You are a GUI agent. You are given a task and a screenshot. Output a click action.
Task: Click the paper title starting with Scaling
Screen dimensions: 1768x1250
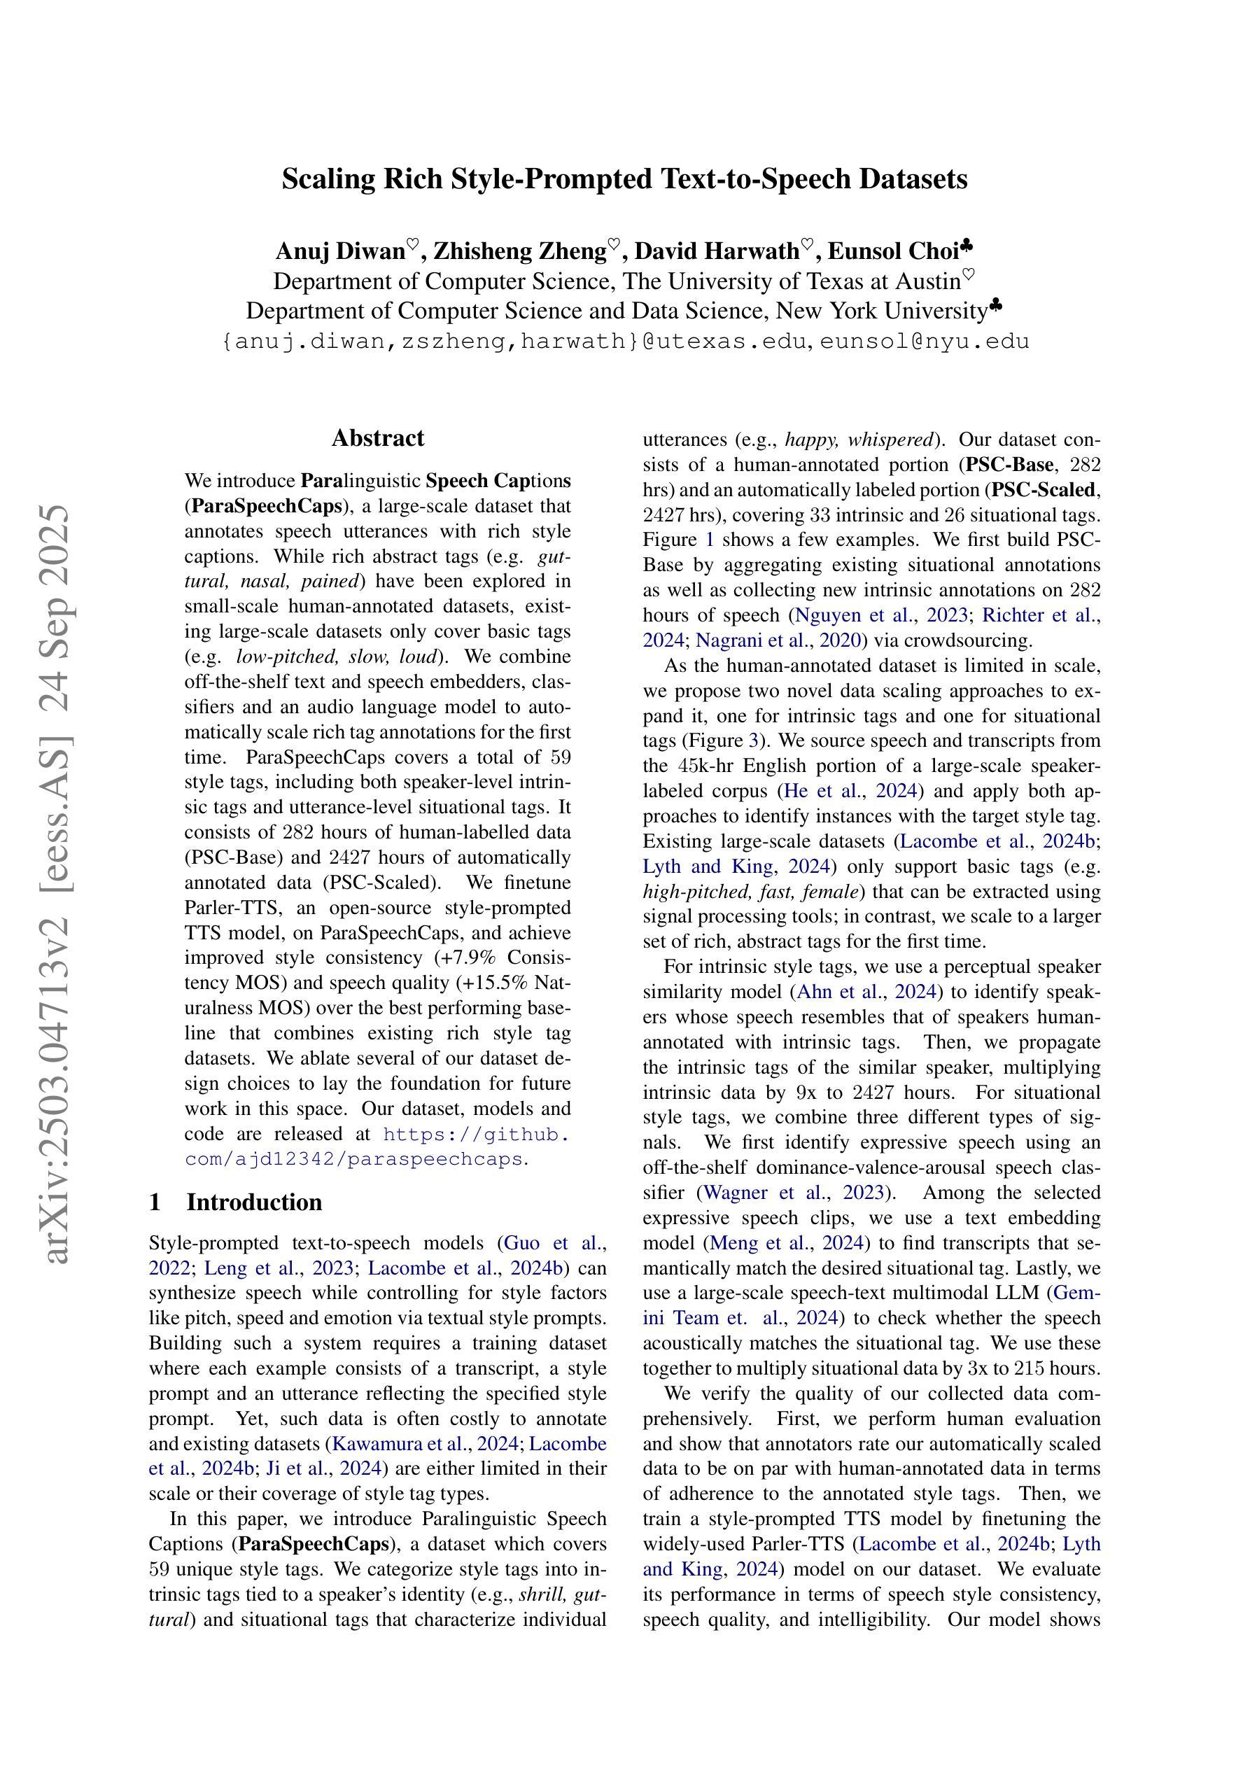click(624, 179)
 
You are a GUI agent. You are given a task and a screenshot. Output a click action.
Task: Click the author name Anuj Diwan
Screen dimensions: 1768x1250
click(340, 252)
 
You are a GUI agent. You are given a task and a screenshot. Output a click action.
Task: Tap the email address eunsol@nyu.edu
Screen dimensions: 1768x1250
click(925, 341)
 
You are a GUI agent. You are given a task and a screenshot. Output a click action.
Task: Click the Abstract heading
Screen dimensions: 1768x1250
click(377, 438)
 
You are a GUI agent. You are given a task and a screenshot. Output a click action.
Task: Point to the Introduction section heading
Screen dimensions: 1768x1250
click(253, 1202)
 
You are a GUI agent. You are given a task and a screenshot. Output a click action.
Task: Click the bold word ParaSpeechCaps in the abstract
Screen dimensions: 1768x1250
click(266, 507)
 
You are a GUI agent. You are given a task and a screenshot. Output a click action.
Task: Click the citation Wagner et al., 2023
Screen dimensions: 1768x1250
click(793, 1193)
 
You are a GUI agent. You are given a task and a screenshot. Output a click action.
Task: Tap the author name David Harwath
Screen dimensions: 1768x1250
click(716, 252)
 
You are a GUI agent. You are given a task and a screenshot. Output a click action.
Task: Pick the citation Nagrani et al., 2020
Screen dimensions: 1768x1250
click(778, 640)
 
